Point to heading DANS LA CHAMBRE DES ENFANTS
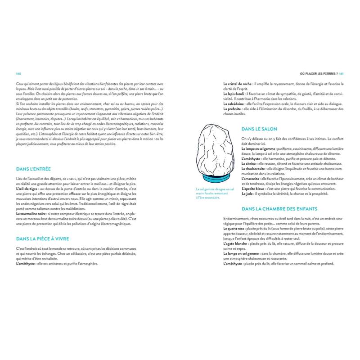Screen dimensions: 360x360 tap(279, 209)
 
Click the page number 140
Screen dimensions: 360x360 tap(18, 74)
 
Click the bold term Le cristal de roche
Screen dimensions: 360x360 tap(237, 84)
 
